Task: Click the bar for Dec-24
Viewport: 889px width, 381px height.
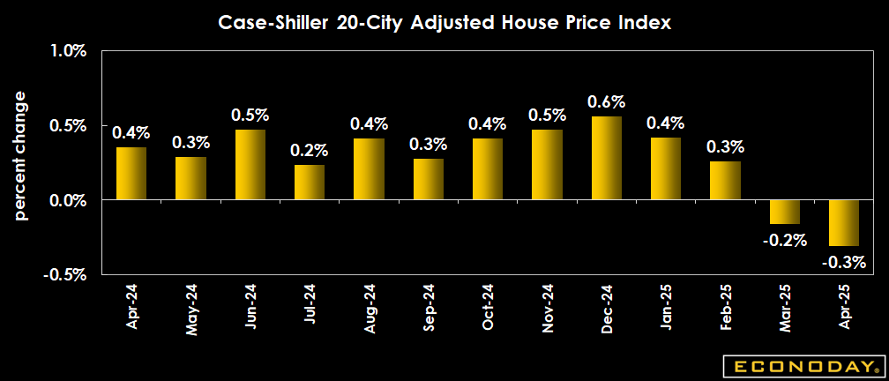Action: pyautogui.click(x=607, y=158)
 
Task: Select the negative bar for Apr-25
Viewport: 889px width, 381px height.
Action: pyautogui.click(x=843, y=222)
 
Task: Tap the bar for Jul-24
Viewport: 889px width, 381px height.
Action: pyautogui.click(x=310, y=182)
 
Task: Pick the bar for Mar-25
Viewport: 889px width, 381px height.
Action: pyautogui.click(x=784, y=212)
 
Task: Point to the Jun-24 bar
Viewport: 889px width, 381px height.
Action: pyautogui.click(x=250, y=164)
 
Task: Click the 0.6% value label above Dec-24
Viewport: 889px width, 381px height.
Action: pyautogui.click(x=606, y=102)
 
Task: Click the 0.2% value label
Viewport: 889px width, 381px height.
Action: pyautogui.click(x=309, y=151)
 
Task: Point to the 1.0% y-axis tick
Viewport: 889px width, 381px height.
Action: pyautogui.click(x=68, y=52)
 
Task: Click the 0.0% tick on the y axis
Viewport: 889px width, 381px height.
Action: pyautogui.click(x=68, y=200)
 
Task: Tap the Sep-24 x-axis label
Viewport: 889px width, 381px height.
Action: pyautogui.click(x=429, y=306)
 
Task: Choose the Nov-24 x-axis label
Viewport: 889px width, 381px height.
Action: pyautogui.click(x=548, y=306)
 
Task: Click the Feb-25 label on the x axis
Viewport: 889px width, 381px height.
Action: pyautogui.click(x=726, y=306)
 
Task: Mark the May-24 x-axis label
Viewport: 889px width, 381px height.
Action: pyautogui.click(x=190, y=308)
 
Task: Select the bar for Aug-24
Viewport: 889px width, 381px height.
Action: pyautogui.click(x=369, y=168)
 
